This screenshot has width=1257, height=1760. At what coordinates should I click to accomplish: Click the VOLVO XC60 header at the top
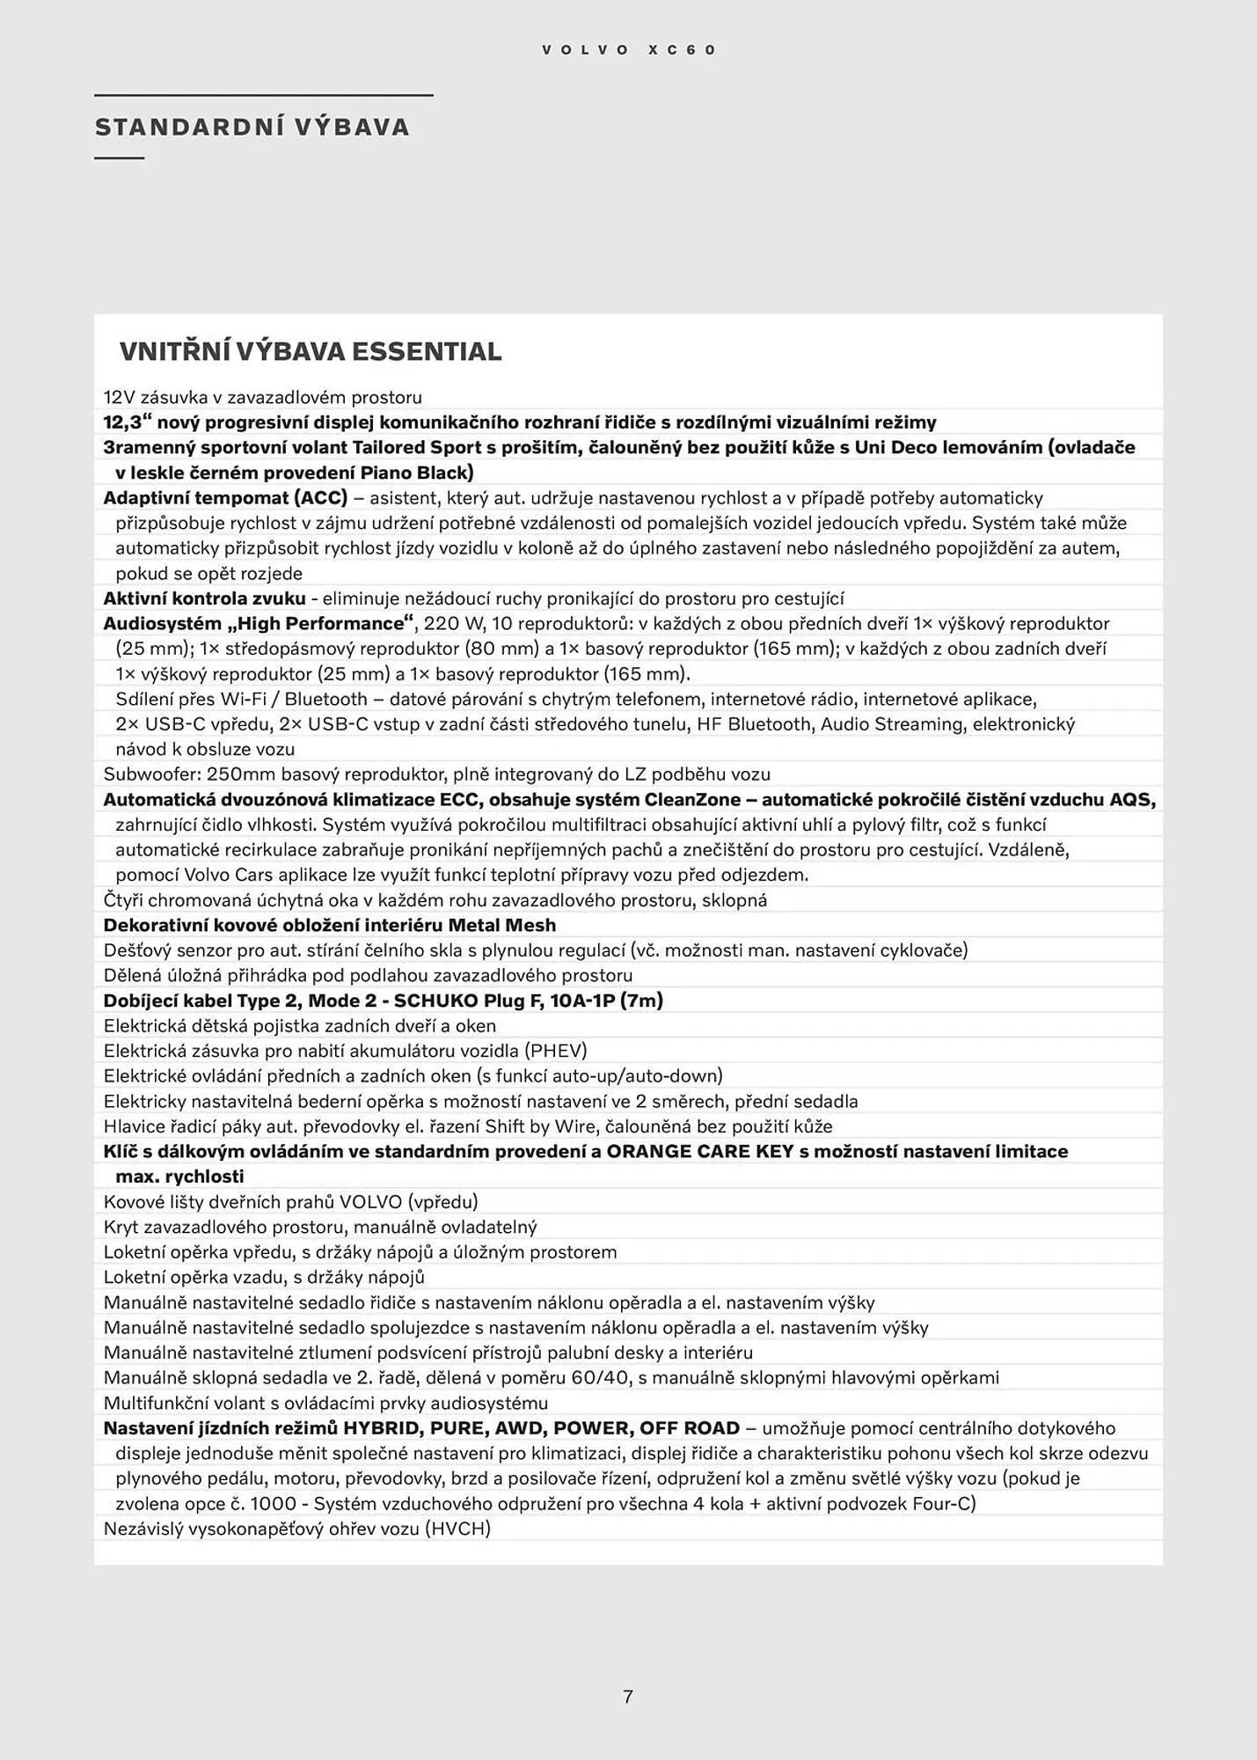click(x=629, y=50)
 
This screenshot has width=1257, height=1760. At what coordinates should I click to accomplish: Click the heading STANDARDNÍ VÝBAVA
click(x=252, y=128)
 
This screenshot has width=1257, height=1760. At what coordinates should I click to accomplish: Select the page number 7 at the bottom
click(x=628, y=1697)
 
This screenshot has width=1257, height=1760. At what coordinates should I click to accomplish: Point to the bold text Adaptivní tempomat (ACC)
click(x=226, y=498)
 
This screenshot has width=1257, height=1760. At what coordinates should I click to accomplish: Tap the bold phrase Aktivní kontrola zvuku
click(x=205, y=599)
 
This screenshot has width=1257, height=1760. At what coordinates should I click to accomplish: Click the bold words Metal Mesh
click(x=502, y=926)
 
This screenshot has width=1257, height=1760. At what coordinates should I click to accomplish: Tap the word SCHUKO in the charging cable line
click(x=435, y=1001)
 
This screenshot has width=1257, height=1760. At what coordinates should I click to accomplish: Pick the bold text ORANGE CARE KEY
click(x=701, y=1152)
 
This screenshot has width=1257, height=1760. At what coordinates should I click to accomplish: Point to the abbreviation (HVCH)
click(x=457, y=1529)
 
